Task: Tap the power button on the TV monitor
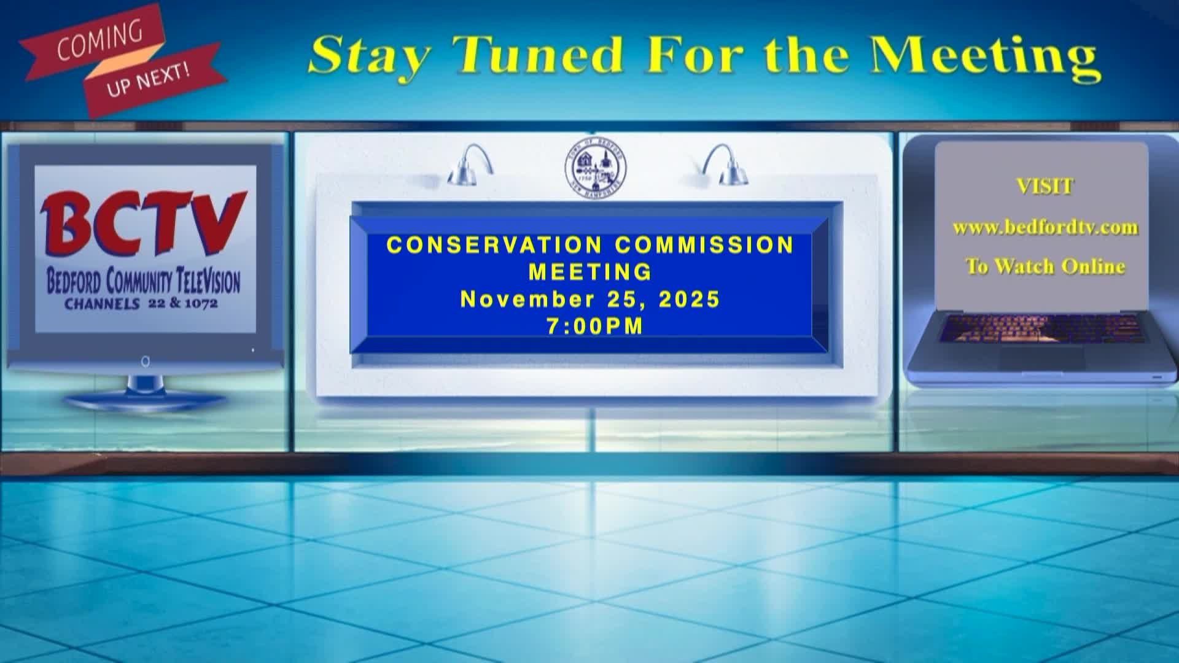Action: pos(146,362)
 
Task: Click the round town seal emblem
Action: pos(596,168)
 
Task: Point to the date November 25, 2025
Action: pos(590,299)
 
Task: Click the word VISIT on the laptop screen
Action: pos(1045,187)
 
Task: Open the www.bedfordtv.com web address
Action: pos(1045,228)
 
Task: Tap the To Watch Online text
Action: pos(1045,266)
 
